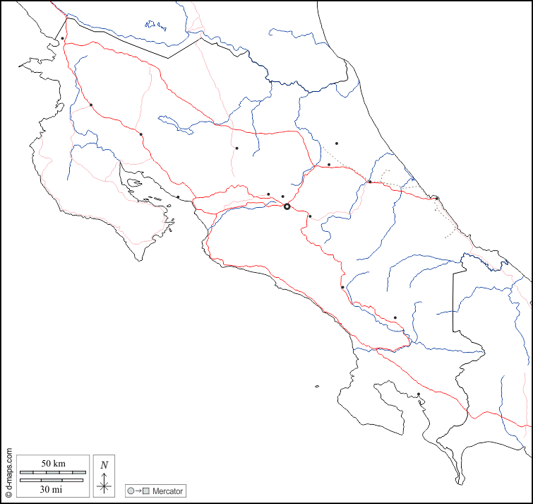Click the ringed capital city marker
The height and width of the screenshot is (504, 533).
coord(287,206)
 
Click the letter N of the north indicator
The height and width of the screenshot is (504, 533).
coord(104,465)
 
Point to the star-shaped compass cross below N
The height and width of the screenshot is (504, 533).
coord(104,485)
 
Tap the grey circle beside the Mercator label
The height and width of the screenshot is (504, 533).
coord(131,491)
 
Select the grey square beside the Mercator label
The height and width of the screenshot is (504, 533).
coord(146,491)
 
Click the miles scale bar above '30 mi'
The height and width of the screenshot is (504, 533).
coord(52,481)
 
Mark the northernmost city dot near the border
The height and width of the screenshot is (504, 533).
coord(63,38)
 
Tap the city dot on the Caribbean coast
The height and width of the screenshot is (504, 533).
coord(437,198)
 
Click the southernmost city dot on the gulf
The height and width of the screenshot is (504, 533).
coord(419,394)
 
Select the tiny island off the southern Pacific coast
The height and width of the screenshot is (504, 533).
coord(318,386)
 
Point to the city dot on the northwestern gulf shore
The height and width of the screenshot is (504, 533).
coord(178,197)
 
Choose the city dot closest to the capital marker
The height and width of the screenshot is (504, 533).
coord(282,197)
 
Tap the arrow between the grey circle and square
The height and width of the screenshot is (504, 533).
coord(138,491)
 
